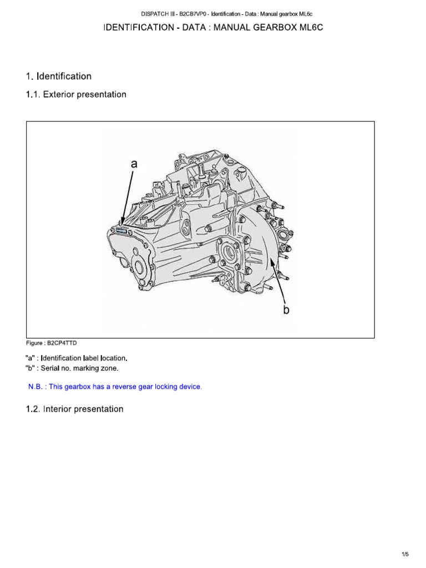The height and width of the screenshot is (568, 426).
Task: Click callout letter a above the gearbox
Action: (x=133, y=164)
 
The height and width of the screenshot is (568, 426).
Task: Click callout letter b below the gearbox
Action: (x=286, y=310)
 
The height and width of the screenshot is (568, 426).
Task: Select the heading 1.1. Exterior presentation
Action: (x=76, y=95)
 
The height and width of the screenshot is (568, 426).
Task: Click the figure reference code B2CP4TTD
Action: (x=67, y=343)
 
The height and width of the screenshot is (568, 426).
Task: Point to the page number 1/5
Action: (x=405, y=554)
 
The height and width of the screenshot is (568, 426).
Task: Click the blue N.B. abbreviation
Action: (x=35, y=387)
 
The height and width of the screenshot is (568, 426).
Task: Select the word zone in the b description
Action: (x=109, y=368)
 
